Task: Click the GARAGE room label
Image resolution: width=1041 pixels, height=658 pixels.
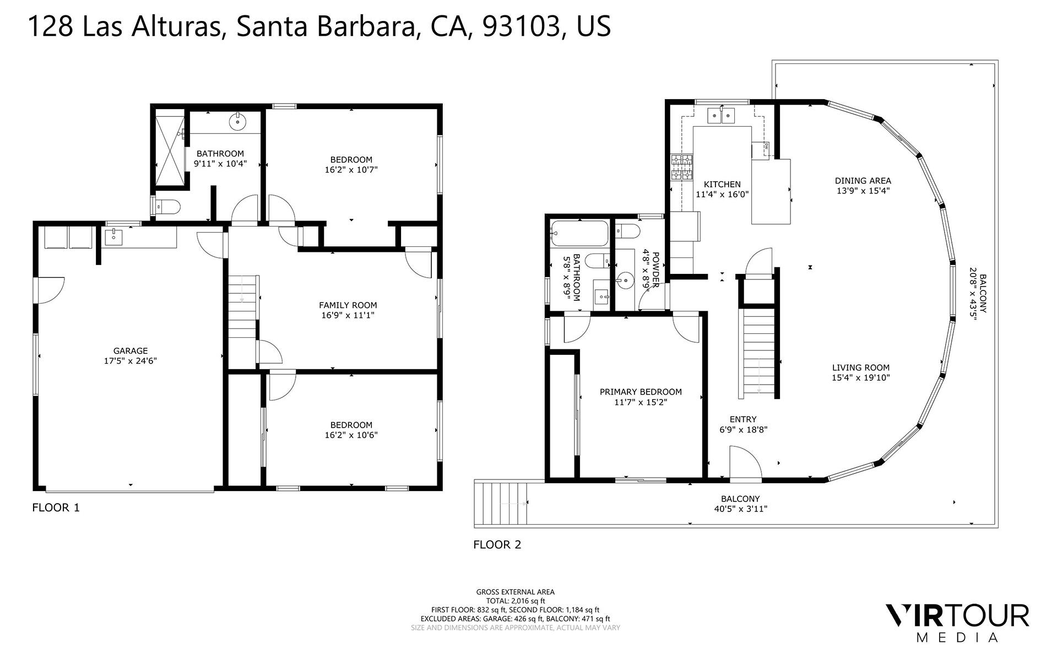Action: coord(131,350)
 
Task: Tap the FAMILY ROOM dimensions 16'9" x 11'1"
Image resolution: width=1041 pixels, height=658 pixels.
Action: coord(348,315)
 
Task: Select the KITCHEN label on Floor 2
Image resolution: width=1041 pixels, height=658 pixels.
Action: coord(722,184)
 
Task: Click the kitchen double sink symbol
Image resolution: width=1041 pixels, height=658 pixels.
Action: coord(721,116)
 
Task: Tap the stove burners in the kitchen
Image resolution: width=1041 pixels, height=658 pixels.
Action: coord(682,168)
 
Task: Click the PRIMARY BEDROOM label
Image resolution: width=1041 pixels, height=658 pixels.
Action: coord(641,392)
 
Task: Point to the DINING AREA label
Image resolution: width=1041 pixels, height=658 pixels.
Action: coord(863,180)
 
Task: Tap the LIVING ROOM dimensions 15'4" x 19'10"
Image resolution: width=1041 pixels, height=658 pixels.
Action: coord(860,377)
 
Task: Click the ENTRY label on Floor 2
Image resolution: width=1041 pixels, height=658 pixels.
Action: coord(743,419)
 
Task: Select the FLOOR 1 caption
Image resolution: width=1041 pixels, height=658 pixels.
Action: coord(56,508)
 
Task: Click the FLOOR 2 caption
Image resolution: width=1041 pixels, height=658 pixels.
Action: coord(497,544)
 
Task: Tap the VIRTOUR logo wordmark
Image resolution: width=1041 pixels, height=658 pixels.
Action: coord(957,616)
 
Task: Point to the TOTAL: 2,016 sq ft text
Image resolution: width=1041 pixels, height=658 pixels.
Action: coord(516,601)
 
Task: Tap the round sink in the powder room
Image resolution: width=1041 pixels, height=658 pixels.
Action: coord(626,281)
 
